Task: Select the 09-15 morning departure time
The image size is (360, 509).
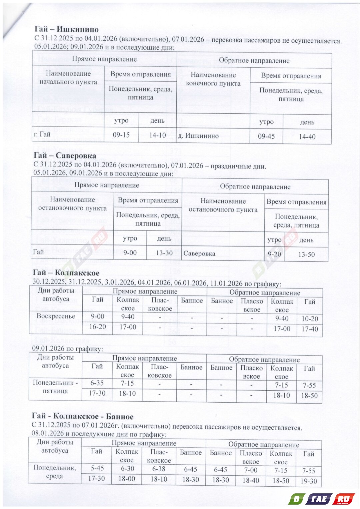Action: pos(121,135)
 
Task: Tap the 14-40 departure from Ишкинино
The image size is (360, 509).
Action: pos(307,136)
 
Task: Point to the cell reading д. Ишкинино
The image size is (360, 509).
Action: pos(198,136)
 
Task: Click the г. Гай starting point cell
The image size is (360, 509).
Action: pos(42,134)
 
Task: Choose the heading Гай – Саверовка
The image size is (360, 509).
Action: pos(65,155)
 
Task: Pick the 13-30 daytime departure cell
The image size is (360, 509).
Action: pos(164,253)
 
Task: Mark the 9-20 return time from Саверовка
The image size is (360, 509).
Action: pos(274,254)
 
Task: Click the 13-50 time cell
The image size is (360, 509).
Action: pos(306,254)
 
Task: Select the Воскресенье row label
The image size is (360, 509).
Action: pos(56,316)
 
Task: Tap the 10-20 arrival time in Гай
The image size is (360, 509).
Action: pos(310,319)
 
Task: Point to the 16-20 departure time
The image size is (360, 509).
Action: pos(97,327)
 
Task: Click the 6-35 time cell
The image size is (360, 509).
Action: pos(97,383)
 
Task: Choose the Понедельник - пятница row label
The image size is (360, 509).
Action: pos(55,387)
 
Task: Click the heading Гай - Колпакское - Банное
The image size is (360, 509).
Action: pos(83,416)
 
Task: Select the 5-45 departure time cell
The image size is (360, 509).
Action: pos(97,468)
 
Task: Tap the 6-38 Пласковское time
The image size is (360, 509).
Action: pos(159,469)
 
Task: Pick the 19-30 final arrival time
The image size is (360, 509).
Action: pos(309,481)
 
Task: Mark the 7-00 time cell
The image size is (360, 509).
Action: pos(251,470)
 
